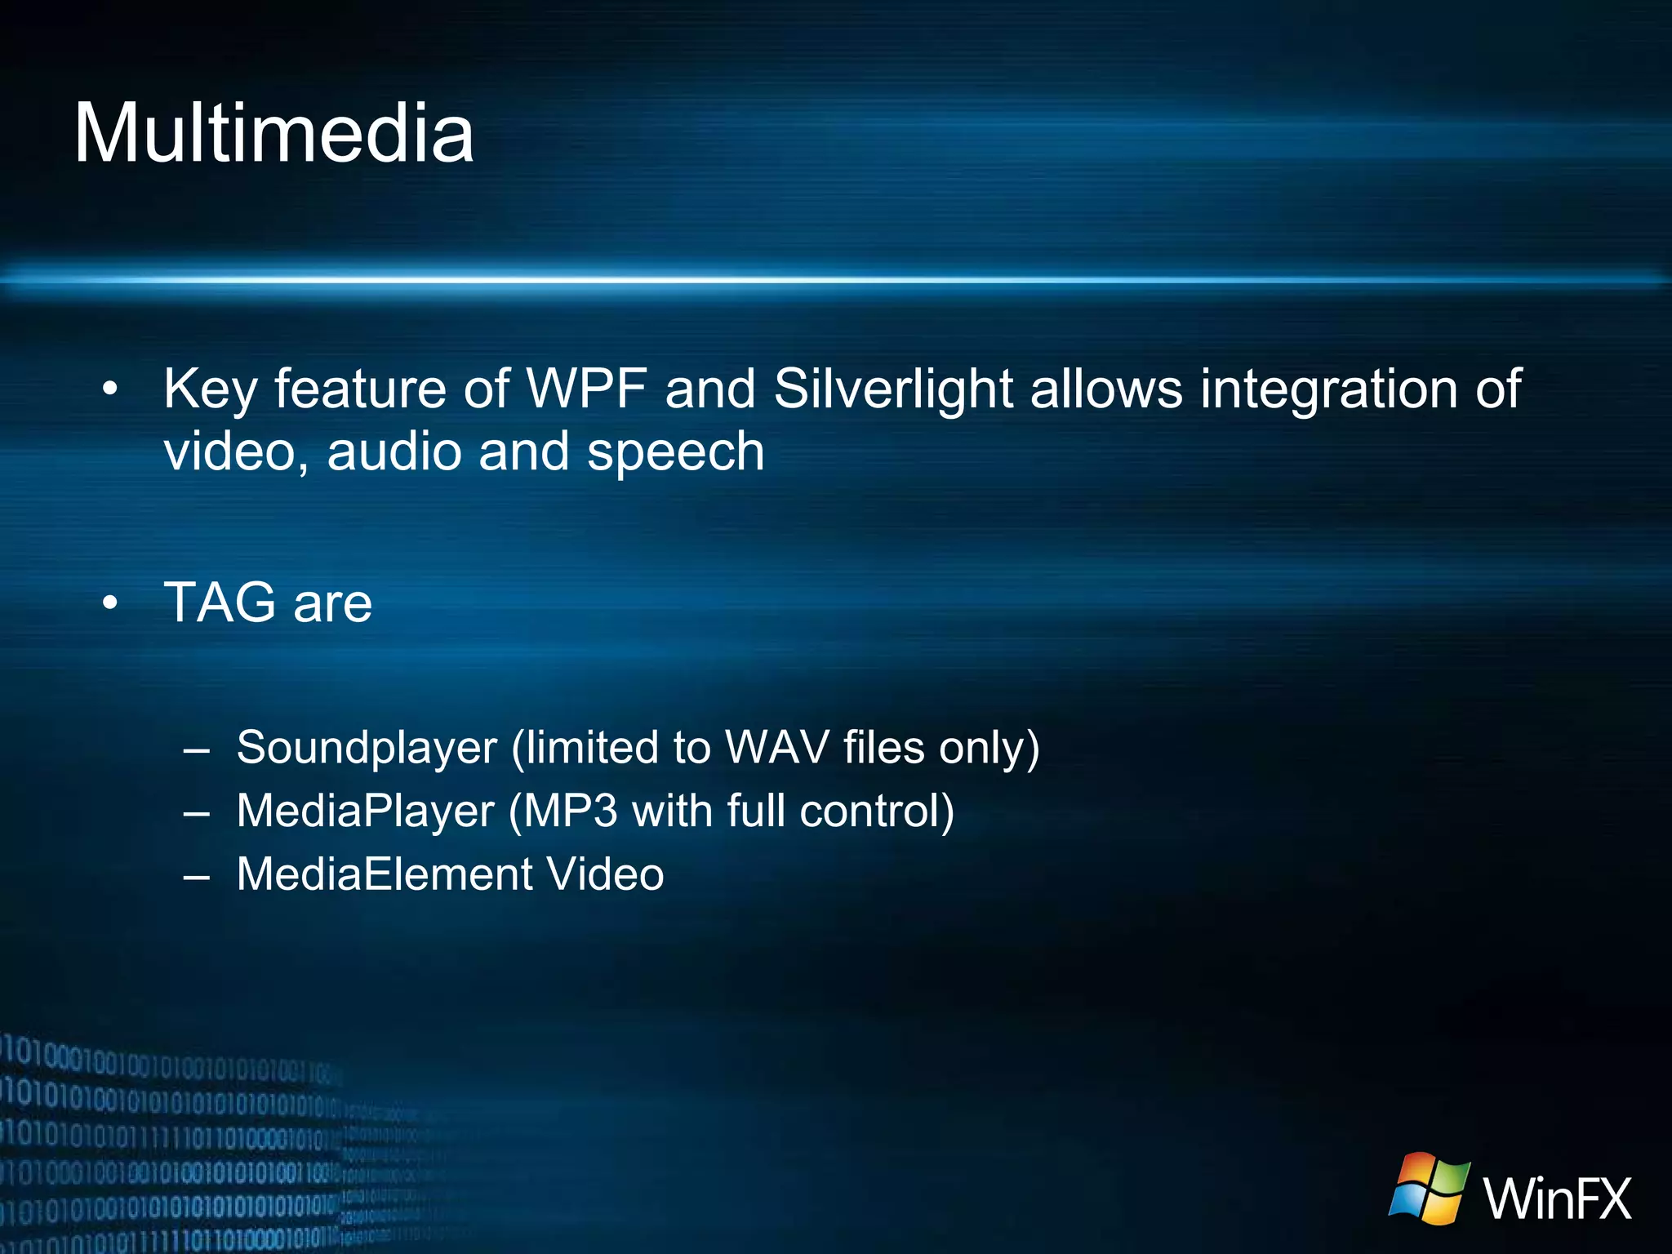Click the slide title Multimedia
pos(273,134)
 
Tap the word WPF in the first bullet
pos(586,389)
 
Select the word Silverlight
pos(893,389)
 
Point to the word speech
pos(675,452)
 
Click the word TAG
pos(220,603)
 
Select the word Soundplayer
pos(367,748)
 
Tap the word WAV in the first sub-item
pos(776,748)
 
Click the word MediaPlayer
pos(365,812)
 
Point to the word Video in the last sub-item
pos(605,874)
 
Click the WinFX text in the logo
pos(1557,1198)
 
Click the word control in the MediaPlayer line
pos(875,812)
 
